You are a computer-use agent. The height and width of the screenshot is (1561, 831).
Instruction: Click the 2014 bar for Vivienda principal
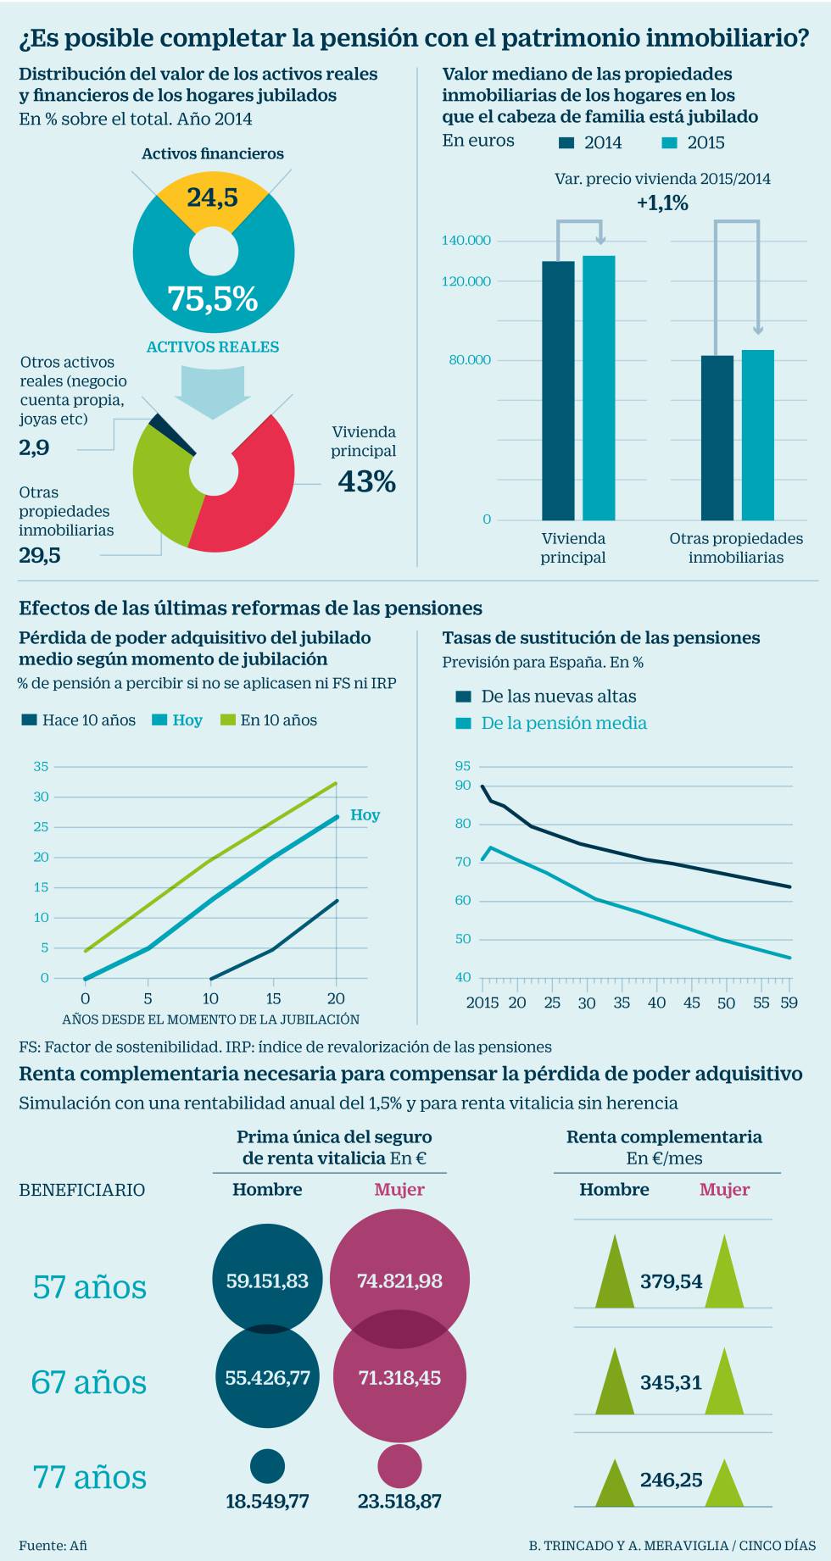point(558,390)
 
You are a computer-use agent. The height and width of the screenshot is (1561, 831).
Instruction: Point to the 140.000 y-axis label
point(466,241)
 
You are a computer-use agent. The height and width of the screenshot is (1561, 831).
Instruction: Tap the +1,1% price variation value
point(662,203)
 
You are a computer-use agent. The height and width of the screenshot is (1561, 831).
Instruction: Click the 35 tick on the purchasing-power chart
point(41,767)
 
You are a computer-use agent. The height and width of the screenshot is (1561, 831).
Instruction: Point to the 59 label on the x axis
point(789,1003)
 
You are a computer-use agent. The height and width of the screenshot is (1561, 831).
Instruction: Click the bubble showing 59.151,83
point(267,1280)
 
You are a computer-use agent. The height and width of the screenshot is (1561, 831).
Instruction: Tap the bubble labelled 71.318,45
point(399,1377)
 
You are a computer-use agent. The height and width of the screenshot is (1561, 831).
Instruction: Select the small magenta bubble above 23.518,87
point(399,1466)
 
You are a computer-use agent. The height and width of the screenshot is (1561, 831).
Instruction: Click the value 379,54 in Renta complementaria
point(671,1281)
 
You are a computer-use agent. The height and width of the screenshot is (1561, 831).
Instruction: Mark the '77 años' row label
point(89,1477)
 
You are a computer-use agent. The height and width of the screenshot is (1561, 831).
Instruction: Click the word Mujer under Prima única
point(399,1190)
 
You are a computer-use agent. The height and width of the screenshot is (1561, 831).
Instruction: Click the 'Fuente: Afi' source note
point(53,1545)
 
